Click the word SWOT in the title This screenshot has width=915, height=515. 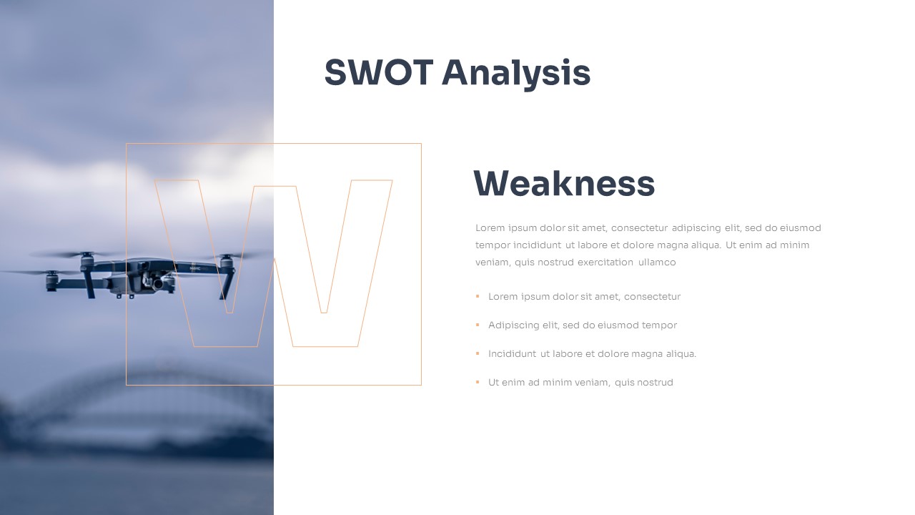click(378, 72)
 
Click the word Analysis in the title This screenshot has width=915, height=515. click(516, 74)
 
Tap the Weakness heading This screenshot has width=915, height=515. click(564, 183)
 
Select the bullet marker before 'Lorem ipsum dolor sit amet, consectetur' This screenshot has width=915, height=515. click(478, 296)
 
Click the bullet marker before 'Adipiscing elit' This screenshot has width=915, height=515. click(478, 325)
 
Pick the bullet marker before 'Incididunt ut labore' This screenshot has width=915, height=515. click(478, 353)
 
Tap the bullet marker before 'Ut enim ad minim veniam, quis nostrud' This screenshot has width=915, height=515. click(478, 382)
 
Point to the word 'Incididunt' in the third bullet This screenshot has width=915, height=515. click(512, 353)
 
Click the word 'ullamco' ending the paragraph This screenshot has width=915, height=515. click(657, 262)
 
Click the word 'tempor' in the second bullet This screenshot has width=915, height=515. click(659, 325)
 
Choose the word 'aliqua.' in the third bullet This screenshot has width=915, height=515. click(681, 353)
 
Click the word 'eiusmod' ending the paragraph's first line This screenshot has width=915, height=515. click(800, 227)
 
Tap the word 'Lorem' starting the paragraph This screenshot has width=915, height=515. click(490, 227)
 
